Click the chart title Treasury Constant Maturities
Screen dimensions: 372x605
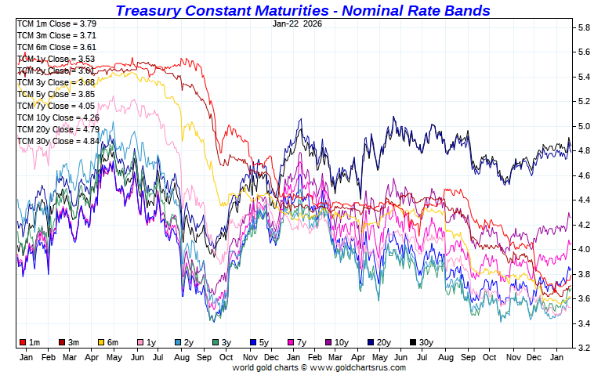tap(302, 10)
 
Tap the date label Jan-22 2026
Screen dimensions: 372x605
tap(297, 23)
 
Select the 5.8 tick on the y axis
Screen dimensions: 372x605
tap(584, 27)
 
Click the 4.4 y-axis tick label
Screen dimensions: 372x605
tap(584, 200)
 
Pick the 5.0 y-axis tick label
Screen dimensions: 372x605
tap(584, 126)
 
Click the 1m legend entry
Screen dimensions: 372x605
tap(31, 342)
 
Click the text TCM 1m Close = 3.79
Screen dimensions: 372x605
tap(56, 23)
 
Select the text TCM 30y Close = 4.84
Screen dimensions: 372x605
tap(59, 141)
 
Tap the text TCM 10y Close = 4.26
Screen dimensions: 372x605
tap(59, 117)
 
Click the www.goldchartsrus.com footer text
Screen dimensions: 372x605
tap(357, 367)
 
